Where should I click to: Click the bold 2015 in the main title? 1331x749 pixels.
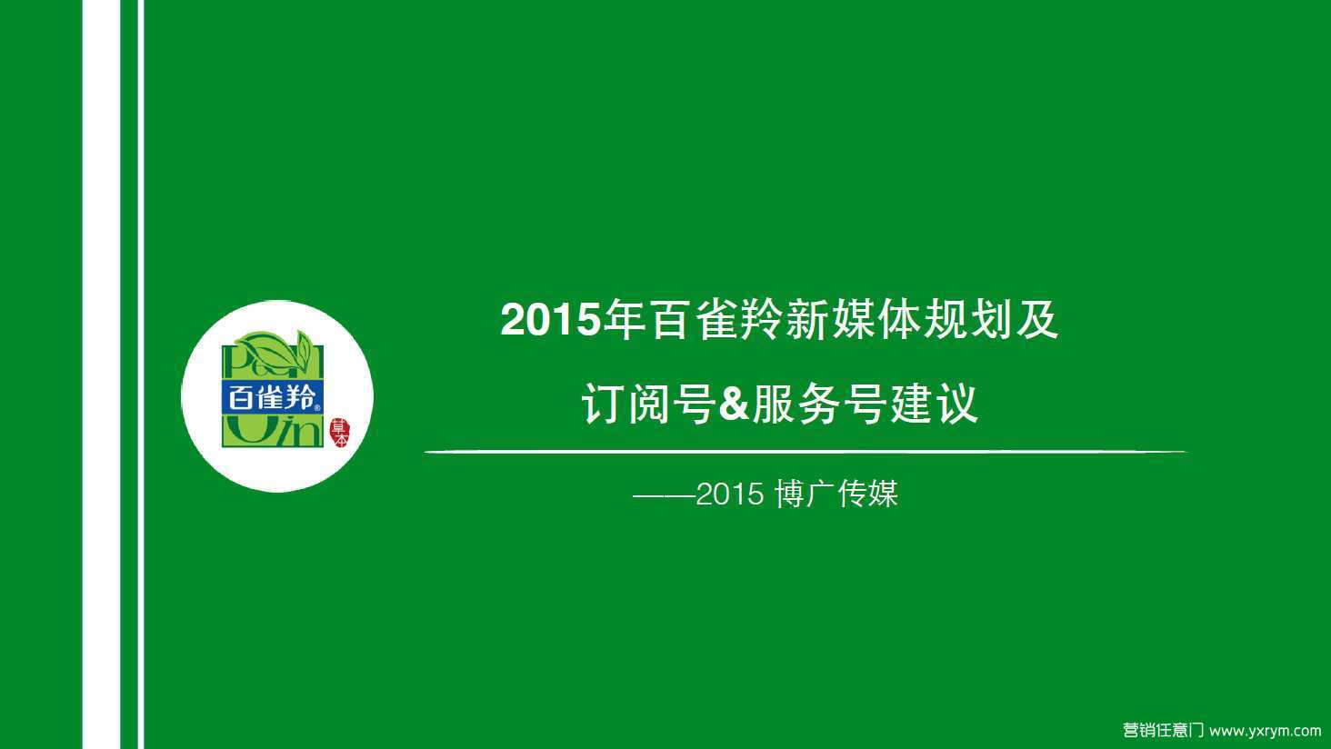coord(550,320)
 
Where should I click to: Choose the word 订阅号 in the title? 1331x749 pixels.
coord(648,404)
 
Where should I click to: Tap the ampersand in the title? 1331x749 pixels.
coord(734,404)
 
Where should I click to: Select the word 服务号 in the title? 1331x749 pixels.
coord(819,404)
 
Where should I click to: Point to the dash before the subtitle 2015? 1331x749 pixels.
coord(665,494)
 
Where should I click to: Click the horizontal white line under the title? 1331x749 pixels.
coord(806,452)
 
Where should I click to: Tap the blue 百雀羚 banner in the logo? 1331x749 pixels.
coord(273,397)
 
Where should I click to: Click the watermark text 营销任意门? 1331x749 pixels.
coord(1163,730)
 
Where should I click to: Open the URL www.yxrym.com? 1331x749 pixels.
coord(1265,731)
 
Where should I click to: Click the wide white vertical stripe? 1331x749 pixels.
coord(101,374)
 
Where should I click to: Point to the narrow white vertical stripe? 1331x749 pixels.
coord(141,374)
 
